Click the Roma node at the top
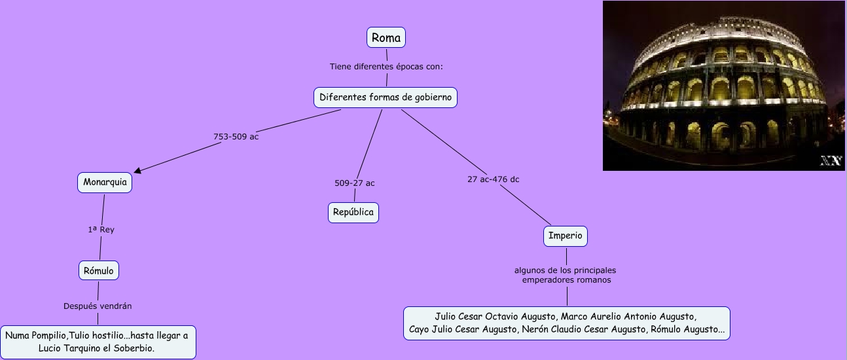(x=386, y=37)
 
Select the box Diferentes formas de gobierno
(x=385, y=98)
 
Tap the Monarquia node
(x=105, y=182)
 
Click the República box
(x=353, y=212)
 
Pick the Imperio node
(x=566, y=236)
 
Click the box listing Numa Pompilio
(x=97, y=342)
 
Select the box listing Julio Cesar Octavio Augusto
(x=566, y=323)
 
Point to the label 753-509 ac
(x=236, y=137)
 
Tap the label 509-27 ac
(x=355, y=183)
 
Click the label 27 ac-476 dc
(x=493, y=179)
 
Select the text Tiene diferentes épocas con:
(x=387, y=66)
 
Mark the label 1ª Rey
(x=101, y=230)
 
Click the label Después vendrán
(x=98, y=306)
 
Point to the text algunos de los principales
(x=565, y=270)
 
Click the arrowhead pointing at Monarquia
(x=137, y=170)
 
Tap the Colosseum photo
(x=723, y=85)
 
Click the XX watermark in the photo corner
(x=831, y=161)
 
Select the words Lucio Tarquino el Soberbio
(x=97, y=348)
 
